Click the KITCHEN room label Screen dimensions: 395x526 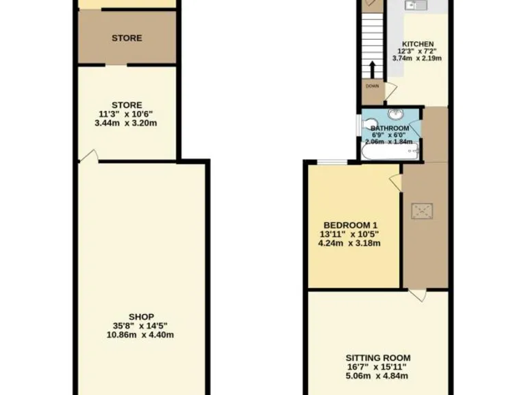tap(418, 44)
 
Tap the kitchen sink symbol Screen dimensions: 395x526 tap(415, 5)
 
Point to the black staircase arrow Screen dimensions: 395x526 tap(372, 69)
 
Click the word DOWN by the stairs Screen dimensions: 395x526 tap(372, 86)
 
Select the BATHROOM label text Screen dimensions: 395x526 tap(389, 128)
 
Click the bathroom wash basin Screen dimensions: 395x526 tap(397, 114)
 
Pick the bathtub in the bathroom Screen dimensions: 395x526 tap(389, 152)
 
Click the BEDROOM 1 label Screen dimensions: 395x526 tap(350, 226)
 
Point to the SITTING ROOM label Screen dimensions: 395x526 tap(377, 357)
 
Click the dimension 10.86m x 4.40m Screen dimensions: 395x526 tap(140, 335)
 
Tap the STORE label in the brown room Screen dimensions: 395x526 tap(127, 38)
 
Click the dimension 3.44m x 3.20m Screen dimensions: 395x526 tap(127, 123)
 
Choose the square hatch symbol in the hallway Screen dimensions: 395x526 tap(420, 212)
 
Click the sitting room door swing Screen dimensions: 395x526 tap(418, 296)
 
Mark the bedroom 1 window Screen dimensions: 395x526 tap(331, 163)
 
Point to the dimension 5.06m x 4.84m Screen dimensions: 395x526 tap(377, 376)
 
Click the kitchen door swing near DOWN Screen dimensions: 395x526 tap(390, 91)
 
